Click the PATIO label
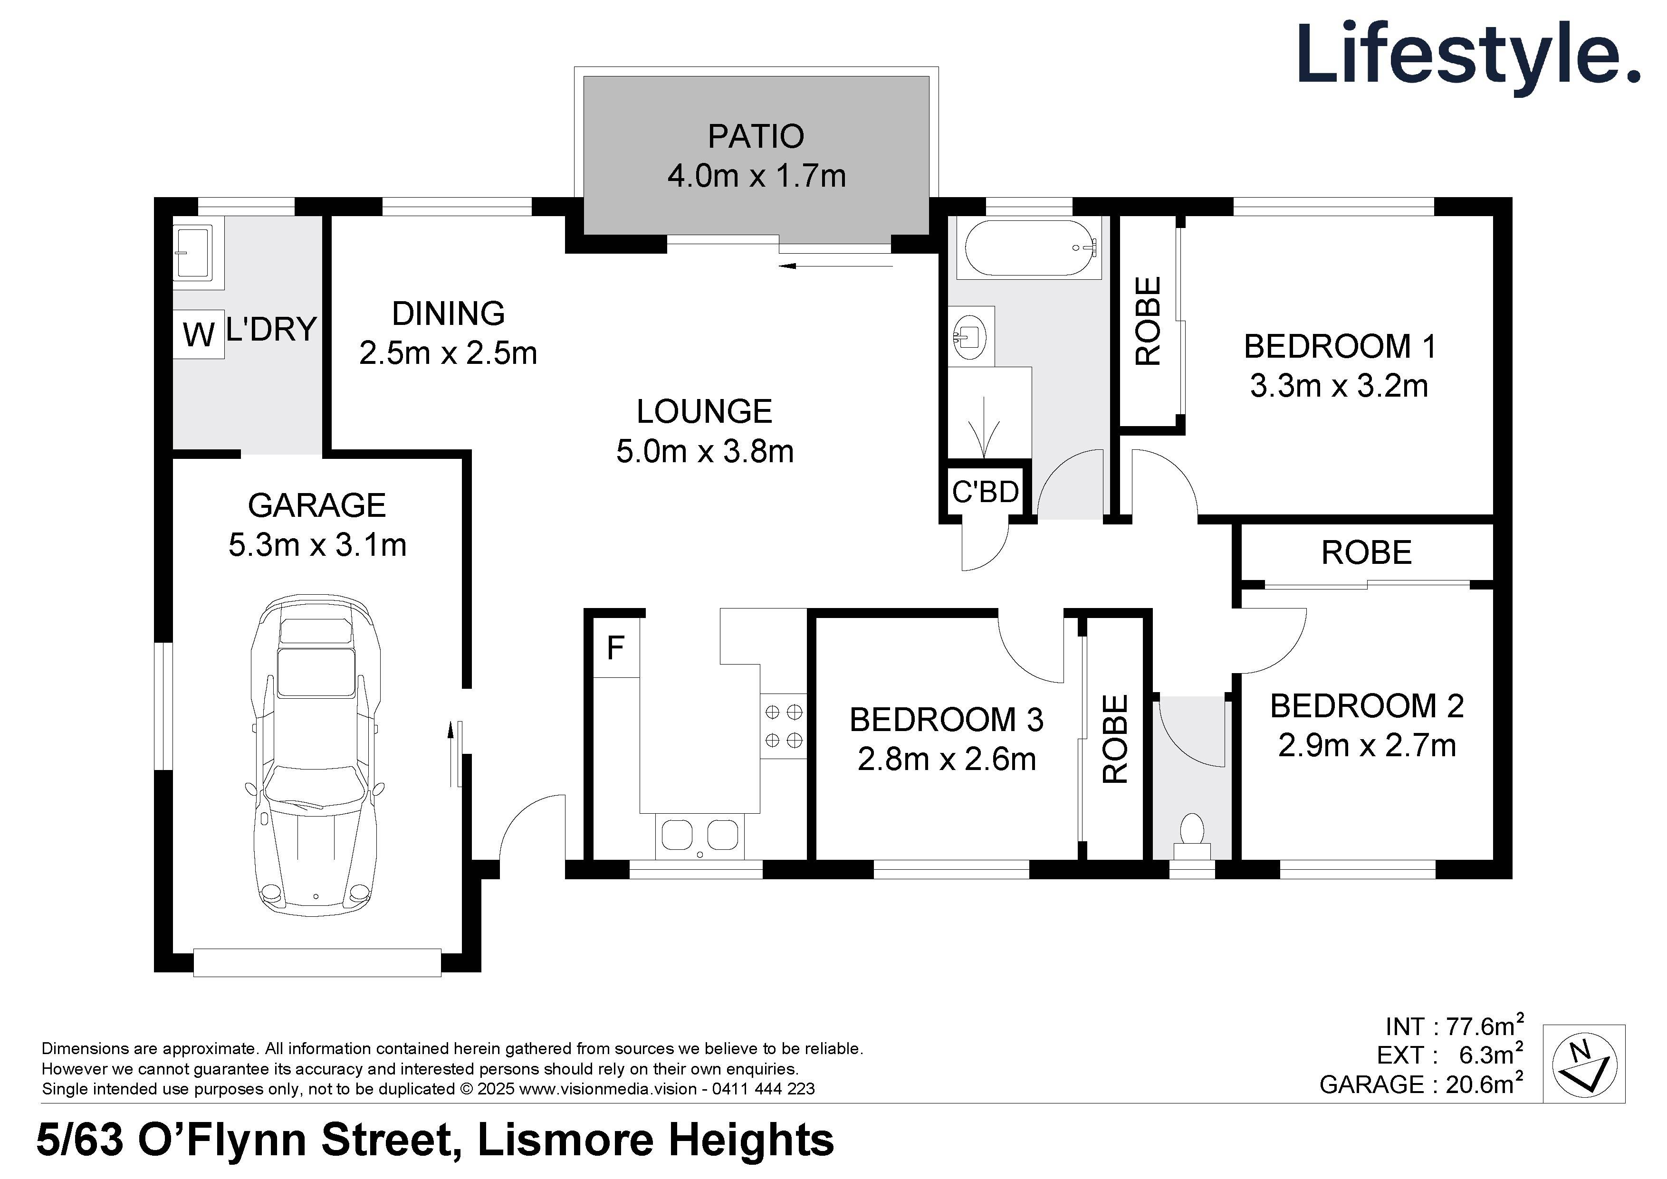pyautogui.click(x=756, y=136)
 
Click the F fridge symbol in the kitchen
pyautogui.click(x=616, y=647)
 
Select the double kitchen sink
pyautogui.click(x=700, y=835)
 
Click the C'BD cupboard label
pyautogui.click(x=985, y=492)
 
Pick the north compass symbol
pyautogui.click(x=1583, y=1065)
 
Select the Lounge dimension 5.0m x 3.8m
pyautogui.click(x=704, y=452)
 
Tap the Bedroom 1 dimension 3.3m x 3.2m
pyautogui.click(x=1339, y=386)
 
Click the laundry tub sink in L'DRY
pyautogui.click(x=193, y=252)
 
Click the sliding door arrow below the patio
pyautogui.click(x=835, y=266)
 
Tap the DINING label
pyautogui.click(x=448, y=314)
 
